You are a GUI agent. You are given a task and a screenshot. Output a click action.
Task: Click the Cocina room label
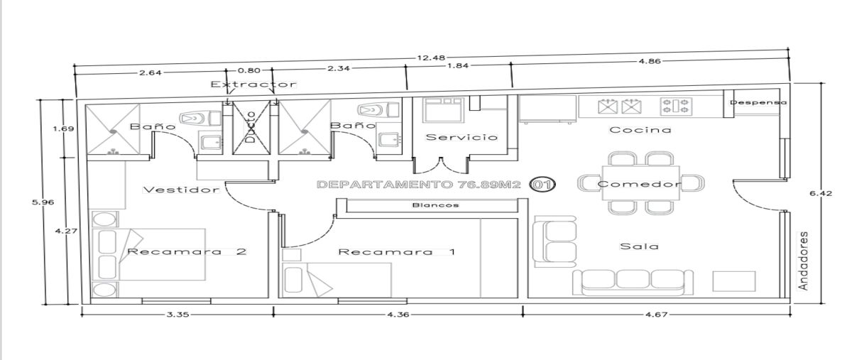(x=640, y=130)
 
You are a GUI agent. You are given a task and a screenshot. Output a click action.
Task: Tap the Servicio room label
(x=461, y=137)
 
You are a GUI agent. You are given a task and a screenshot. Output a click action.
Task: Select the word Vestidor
(x=181, y=190)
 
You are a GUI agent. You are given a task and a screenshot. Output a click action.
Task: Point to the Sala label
(x=639, y=246)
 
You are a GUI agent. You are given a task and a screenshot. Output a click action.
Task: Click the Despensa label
(x=758, y=102)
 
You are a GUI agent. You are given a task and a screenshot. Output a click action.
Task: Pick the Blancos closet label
(x=435, y=205)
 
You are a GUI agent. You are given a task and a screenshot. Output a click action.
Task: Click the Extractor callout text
(x=253, y=84)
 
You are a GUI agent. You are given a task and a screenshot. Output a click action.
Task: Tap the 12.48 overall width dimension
(x=431, y=58)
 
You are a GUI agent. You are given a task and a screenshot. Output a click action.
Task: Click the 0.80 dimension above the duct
(x=248, y=70)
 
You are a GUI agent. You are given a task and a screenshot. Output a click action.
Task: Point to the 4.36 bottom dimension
(x=398, y=315)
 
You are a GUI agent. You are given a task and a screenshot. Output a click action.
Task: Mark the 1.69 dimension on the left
(x=63, y=129)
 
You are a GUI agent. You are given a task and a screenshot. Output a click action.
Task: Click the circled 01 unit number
(x=542, y=185)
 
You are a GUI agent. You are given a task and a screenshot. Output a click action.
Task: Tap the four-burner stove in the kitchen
(x=676, y=107)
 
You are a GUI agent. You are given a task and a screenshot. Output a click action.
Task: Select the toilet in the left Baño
(x=200, y=119)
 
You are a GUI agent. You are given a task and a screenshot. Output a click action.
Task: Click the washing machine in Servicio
(x=444, y=109)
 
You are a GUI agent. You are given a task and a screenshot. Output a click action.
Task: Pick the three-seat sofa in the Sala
(x=633, y=283)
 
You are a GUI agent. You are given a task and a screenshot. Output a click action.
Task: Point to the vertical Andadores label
(x=802, y=261)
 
